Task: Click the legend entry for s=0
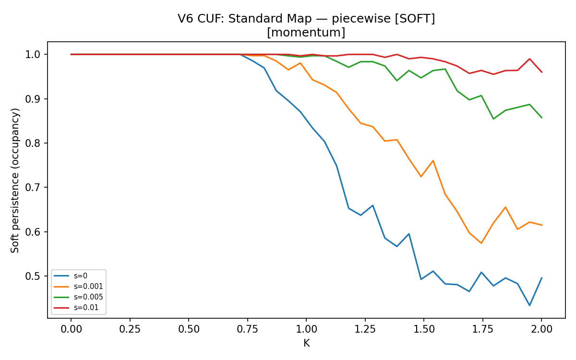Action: pos(71,276)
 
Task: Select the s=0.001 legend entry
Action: pos(78,287)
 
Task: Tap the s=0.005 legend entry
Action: pos(78,297)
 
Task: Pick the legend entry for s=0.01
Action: pos(76,308)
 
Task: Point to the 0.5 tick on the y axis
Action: pos(33,276)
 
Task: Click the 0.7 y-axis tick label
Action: pos(33,188)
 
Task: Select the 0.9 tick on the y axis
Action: pos(33,99)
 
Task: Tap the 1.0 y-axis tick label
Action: pos(33,55)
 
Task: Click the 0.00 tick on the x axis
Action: pos(71,329)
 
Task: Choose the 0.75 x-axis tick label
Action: pos(248,329)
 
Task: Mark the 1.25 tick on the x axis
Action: pos(365,329)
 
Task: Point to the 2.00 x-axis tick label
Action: pos(541,329)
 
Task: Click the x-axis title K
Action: pos(307,343)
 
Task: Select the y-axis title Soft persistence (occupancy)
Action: pos(15,180)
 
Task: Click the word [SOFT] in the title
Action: pos(415,19)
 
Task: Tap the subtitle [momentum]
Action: pos(306,33)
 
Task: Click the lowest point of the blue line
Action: pos(529,305)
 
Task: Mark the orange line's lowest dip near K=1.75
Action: pos(481,243)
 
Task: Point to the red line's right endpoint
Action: pos(542,72)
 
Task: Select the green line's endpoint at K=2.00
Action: pos(542,118)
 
